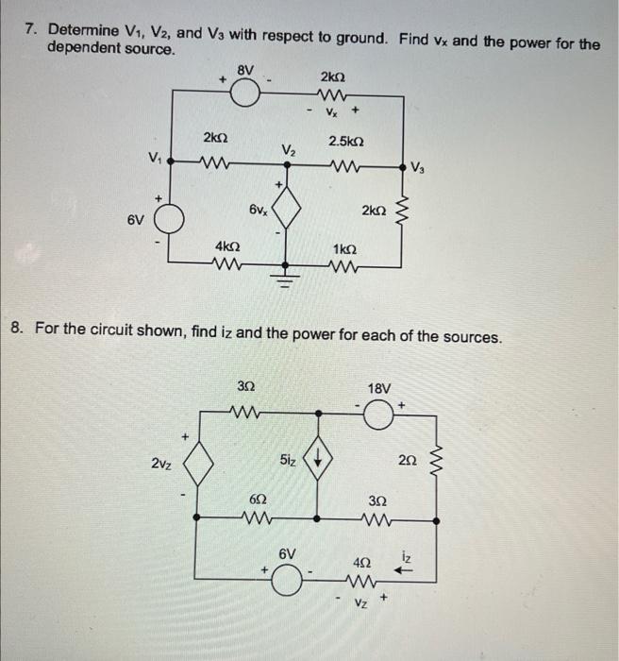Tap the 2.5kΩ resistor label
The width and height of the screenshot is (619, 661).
[x=346, y=142]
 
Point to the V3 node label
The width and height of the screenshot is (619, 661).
[x=425, y=169]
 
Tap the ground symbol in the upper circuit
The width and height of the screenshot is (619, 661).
[x=287, y=276]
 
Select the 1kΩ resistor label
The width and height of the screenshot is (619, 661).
[x=344, y=247]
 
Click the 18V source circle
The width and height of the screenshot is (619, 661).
[x=380, y=415]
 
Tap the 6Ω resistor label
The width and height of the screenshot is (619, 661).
[x=257, y=499]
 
